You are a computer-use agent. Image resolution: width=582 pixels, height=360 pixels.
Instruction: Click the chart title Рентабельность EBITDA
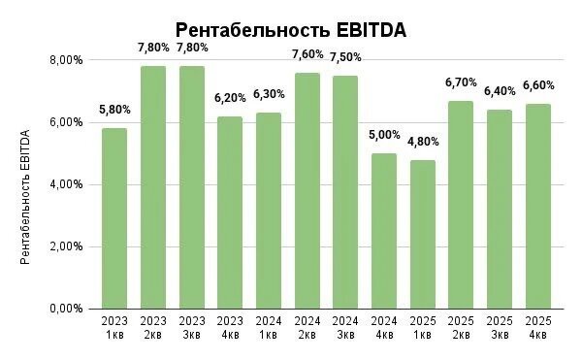click(x=290, y=31)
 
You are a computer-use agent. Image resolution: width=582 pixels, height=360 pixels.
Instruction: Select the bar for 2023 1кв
click(x=114, y=218)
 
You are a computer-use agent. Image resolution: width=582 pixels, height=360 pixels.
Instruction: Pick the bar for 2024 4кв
click(x=383, y=231)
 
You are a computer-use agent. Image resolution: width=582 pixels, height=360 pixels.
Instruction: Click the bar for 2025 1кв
click(x=422, y=234)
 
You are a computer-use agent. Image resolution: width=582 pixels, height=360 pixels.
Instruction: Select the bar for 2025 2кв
click(x=461, y=205)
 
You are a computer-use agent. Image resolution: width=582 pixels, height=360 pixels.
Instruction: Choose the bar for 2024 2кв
click(x=307, y=190)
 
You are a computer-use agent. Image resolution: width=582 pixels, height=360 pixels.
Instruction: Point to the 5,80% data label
click(x=114, y=110)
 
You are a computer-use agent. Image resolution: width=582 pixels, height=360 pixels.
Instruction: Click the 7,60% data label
click(x=307, y=54)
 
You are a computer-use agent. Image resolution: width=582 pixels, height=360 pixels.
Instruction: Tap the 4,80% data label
click(x=422, y=142)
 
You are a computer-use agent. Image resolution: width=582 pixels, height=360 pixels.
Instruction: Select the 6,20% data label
click(x=230, y=98)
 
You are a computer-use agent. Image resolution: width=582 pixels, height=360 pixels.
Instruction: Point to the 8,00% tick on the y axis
click(x=67, y=60)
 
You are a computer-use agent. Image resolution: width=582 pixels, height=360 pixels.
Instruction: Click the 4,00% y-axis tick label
click(x=67, y=184)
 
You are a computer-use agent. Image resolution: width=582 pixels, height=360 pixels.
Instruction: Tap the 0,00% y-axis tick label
click(x=67, y=309)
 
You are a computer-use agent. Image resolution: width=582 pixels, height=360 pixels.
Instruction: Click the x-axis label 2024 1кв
click(x=269, y=327)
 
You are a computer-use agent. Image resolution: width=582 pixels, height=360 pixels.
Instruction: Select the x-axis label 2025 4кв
click(x=537, y=327)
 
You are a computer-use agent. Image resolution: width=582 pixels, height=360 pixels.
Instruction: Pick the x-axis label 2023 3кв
click(x=192, y=327)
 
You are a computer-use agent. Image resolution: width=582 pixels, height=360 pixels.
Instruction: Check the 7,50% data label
click(x=345, y=57)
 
